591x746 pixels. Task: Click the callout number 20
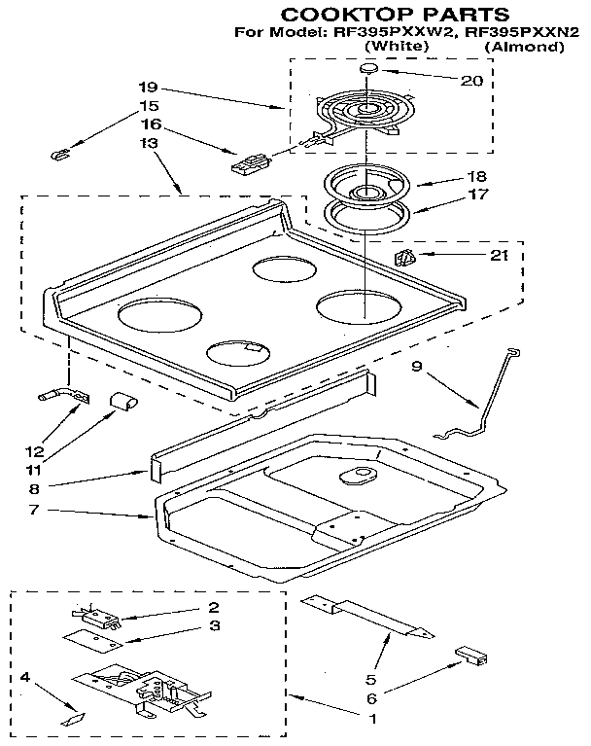click(x=471, y=81)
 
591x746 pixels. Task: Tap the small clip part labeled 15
click(x=60, y=154)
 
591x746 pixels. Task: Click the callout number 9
click(x=415, y=367)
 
